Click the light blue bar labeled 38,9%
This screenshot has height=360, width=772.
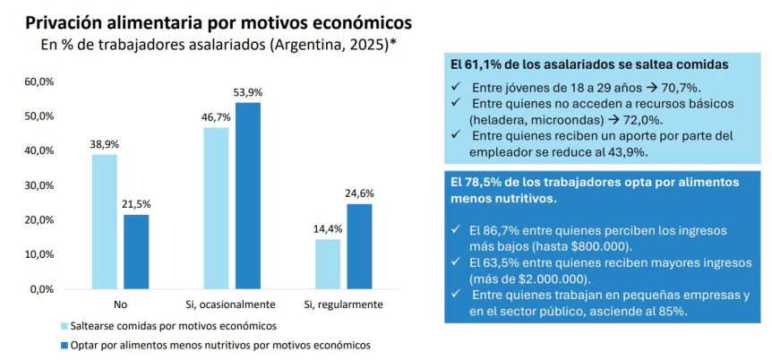click(105, 221)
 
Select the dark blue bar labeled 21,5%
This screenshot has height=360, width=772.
click(136, 252)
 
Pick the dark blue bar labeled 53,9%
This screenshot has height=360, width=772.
click(247, 195)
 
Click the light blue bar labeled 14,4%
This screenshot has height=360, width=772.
click(327, 264)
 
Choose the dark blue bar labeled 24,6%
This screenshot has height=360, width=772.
click(359, 246)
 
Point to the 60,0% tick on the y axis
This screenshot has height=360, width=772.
click(40, 81)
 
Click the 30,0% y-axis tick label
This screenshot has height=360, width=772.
click(40, 185)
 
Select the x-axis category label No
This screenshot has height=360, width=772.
click(120, 304)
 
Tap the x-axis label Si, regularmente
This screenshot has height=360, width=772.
click(343, 304)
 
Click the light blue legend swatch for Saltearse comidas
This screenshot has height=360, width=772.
click(64, 325)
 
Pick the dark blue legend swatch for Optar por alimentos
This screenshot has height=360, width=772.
click(64, 345)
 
